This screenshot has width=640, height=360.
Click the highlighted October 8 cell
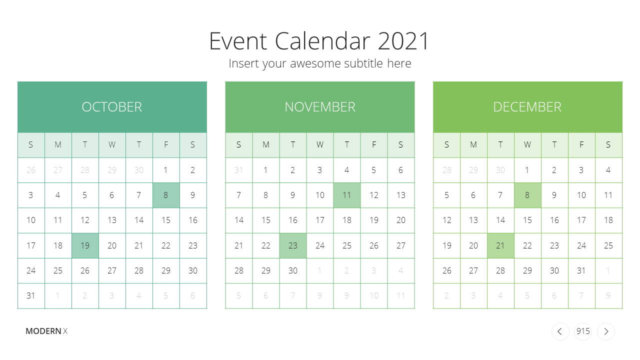[x=166, y=195]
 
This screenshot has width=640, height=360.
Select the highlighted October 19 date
[x=85, y=245]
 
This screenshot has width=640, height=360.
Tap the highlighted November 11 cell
[x=347, y=195]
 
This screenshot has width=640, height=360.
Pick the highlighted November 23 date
[x=293, y=245]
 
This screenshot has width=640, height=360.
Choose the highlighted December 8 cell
[x=527, y=195]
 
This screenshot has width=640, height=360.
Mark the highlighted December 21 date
[x=500, y=245]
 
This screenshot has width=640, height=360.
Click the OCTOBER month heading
[x=111, y=107]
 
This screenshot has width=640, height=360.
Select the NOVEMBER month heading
[x=320, y=107]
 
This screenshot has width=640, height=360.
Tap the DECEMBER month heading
[x=527, y=107]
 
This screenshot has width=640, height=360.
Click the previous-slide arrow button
[x=560, y=331]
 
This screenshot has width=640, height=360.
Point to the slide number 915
[x=583, y=331]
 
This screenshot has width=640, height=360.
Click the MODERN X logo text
[x=46, y=331]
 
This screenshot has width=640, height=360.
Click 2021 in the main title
[x=403, y=41]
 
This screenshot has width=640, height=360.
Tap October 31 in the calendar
[x=31, y=295]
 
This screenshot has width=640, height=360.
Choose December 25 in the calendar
[x=608, y=245]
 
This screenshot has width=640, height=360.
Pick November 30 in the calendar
[x=293, y=270]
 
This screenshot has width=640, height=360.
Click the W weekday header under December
[x=527, y=145]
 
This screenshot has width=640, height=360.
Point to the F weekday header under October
[x=166, y=145]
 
